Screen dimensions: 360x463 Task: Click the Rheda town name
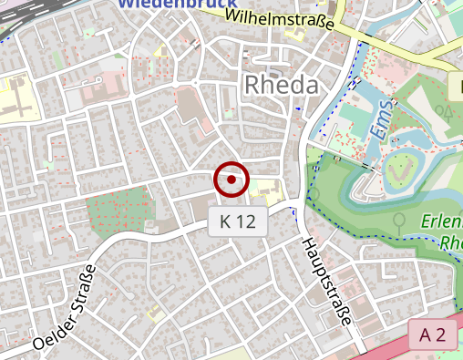click(x=282, y=85)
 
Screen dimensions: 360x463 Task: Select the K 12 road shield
click(x=238, y=221)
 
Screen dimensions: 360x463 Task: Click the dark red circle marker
click(x=231, y=180)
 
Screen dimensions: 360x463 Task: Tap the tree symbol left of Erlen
click(x=399, y=220)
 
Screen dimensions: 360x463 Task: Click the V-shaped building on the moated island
click(x=398, y=170)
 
